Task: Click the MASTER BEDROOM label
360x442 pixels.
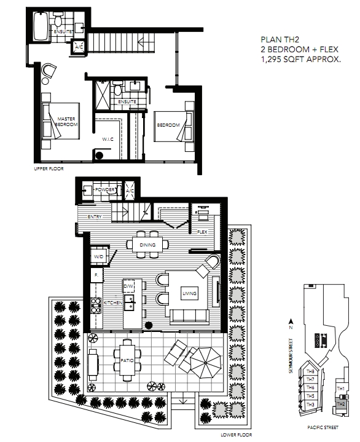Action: [x=66, y=122]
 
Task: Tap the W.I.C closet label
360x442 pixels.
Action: [x=108, y=140]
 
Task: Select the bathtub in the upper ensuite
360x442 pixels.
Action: [x=41, y=26]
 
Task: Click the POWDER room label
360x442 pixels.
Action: [x=104, y=190]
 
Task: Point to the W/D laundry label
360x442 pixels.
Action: [x=98, y=256]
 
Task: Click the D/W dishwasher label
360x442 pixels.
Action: [x=128, y=286]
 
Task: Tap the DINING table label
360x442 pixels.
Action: [x=147, y=245]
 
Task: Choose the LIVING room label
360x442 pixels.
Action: [x=189, y=293]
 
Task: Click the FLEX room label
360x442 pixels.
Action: [x=202, y=232]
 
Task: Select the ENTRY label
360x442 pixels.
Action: [x=95, y=216]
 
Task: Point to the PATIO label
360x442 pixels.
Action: [x=127, y=360]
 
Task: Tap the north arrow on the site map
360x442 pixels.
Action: [x=291, y=322]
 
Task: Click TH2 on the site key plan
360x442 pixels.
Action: [x=341, y=404]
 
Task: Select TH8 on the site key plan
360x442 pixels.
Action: [x=310, y=371]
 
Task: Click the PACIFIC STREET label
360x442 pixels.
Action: [x=323, y=427]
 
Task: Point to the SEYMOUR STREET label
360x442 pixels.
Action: [x=291, y=356]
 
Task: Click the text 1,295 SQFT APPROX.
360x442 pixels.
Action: [x=301, y=59]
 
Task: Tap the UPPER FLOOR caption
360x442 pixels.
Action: [x=49, y=168]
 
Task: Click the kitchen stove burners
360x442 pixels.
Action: [x=96, y=306]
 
